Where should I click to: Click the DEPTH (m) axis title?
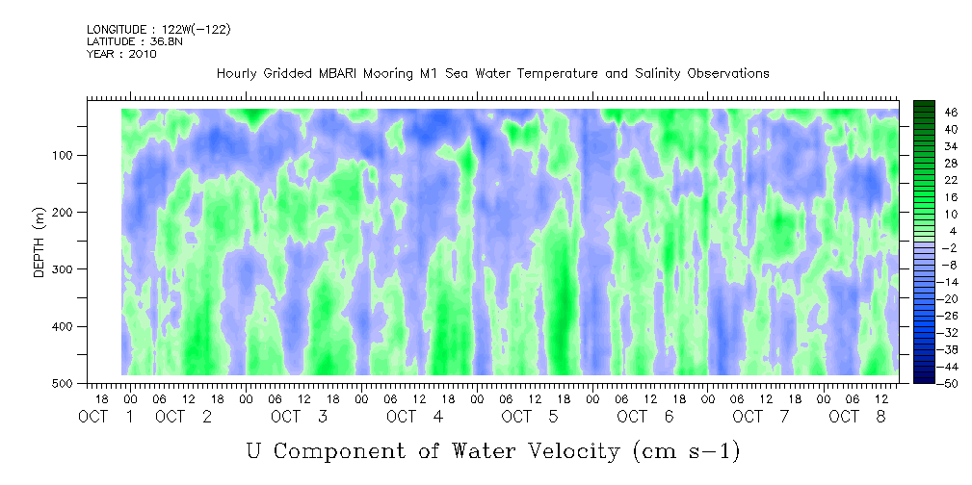39,242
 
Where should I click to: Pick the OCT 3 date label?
300,417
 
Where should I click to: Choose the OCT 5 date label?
531,417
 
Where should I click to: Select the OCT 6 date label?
646,417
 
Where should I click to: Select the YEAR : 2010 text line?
121,54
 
